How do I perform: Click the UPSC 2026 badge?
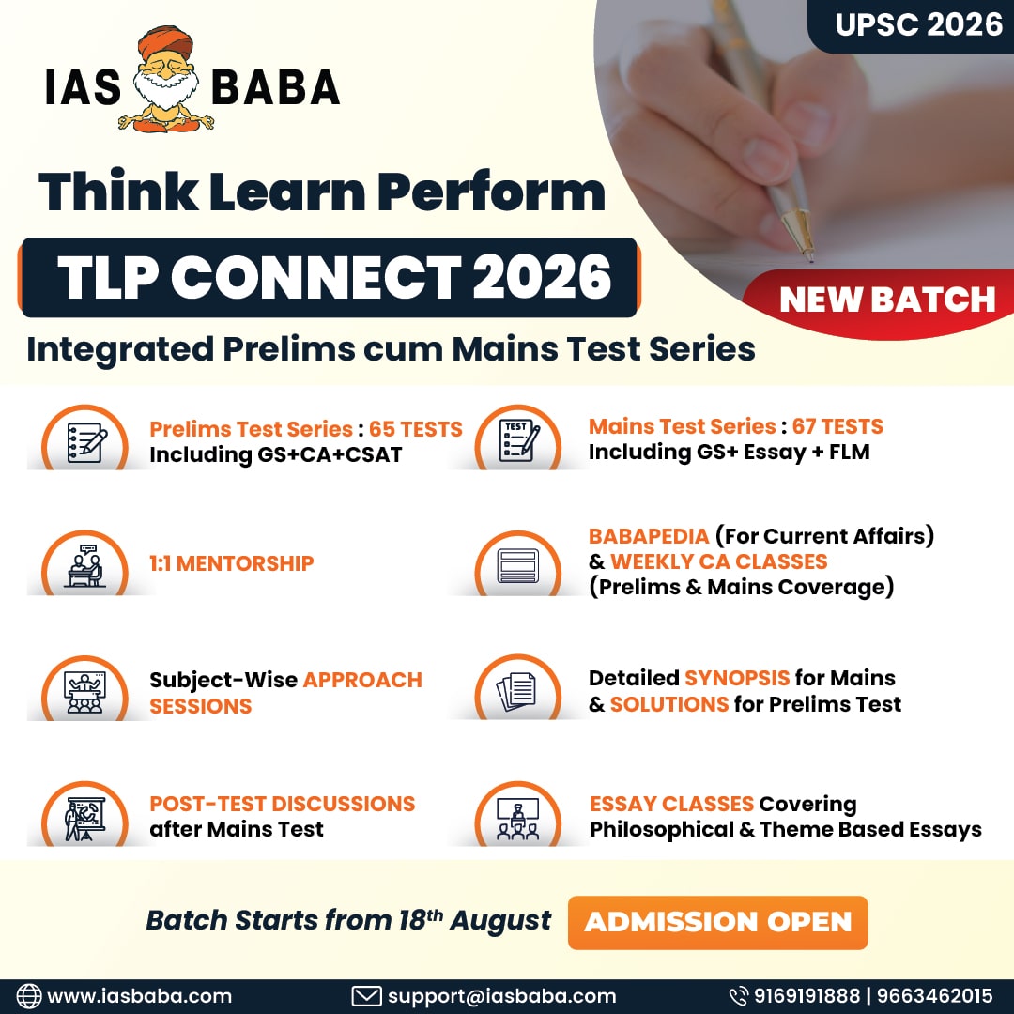(911, 26)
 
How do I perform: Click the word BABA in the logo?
(275, 87)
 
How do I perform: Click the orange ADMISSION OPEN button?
(717, 922)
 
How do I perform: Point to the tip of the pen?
(810, 260)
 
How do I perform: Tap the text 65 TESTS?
(415, 429)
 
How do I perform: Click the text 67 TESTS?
(837, 426)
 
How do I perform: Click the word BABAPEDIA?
(649, 536)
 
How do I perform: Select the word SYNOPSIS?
(737, 678)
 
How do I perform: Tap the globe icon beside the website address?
(28, 996)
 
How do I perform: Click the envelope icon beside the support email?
(366, 996)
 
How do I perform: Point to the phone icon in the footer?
(739, 996)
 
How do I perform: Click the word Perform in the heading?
(491, 192)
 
